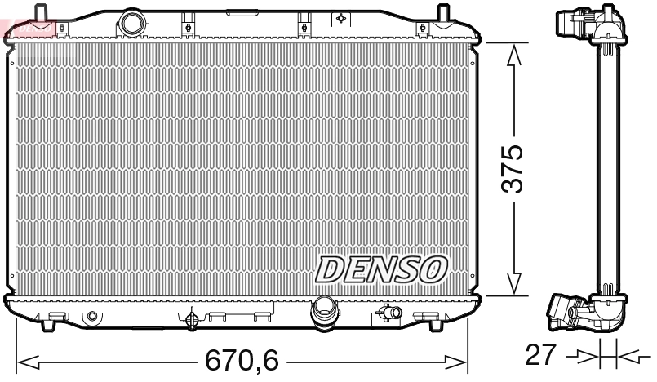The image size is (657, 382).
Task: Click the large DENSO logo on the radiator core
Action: pos(381,269)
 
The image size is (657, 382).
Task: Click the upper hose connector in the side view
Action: pos(570,22)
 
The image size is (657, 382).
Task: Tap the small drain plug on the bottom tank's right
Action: pos(391,313)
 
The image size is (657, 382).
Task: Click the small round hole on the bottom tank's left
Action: pos(91,316)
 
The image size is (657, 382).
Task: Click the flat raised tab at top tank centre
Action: pos(239,11)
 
